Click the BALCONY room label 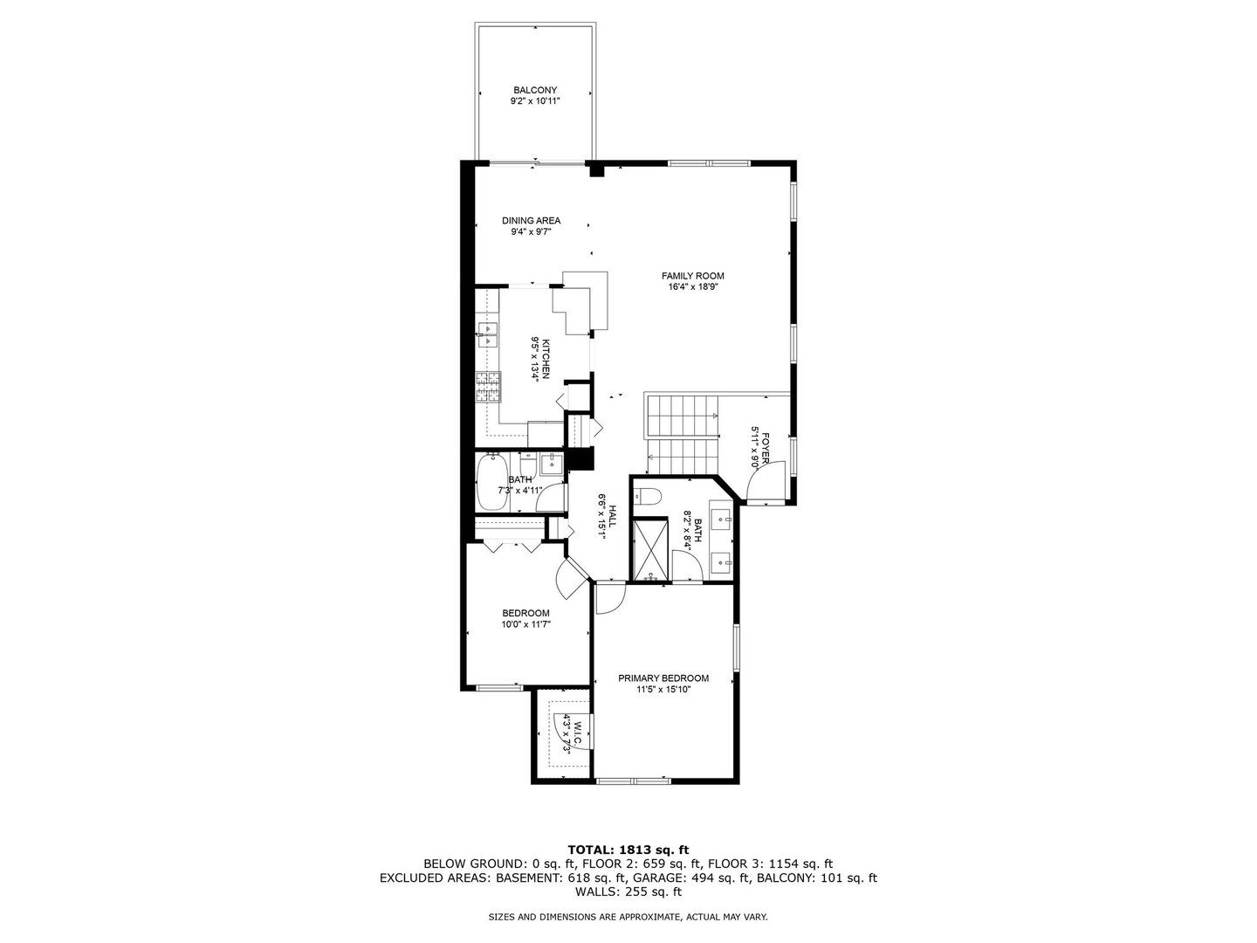(x=535, y=90)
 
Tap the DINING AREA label (x=531, y=220)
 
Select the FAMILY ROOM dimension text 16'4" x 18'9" (x=692, y=287)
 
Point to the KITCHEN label (x=546, y=359)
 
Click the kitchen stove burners (x=488, y=387)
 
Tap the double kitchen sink (x=487, y=335)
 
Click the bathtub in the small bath (x=492, y=482)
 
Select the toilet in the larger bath (x=649, y=496)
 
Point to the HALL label (x=612, y=516)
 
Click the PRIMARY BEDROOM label (x=663, y=678)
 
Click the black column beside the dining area (x=597, y=169)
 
